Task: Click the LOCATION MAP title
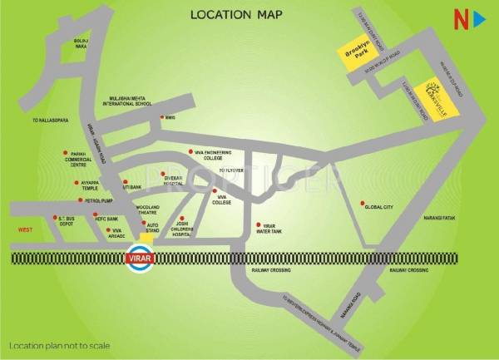pyautogui.click(x=237, y=14)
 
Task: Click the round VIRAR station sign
pyautogui.click(x=140, y=259)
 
